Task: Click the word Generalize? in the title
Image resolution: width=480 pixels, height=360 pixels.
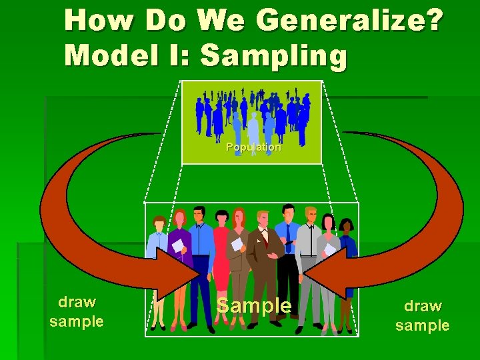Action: [349, 22]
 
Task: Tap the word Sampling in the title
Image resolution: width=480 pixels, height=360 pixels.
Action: [273, 56]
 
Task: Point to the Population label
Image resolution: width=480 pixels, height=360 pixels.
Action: [253, 147]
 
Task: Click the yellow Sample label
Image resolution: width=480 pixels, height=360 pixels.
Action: [255, 306]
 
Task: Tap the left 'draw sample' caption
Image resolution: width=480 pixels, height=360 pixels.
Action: [77, 311]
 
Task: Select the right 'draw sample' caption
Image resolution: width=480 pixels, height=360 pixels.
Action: [423, 315]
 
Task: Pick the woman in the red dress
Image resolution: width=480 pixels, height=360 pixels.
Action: [220, 260]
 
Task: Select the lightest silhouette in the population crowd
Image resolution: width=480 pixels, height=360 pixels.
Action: [253, 127]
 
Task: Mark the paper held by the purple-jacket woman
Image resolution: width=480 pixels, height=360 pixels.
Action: [177, 245]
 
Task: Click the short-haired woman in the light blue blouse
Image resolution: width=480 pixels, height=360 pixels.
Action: [159, 267]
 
